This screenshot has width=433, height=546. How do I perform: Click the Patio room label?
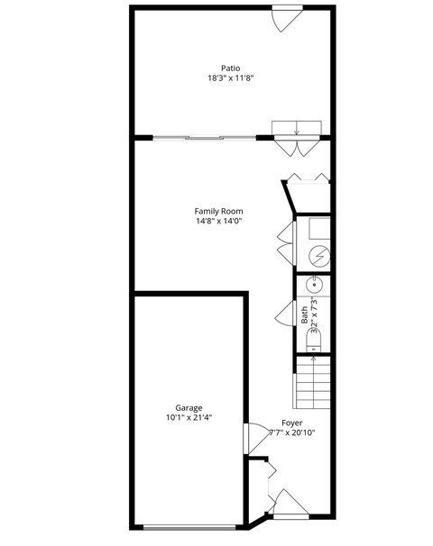pos(231,68)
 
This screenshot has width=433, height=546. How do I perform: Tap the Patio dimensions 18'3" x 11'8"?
pos(231,77)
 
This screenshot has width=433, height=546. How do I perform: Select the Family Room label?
pos(219,211)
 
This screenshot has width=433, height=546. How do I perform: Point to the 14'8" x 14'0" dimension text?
pos(219,221)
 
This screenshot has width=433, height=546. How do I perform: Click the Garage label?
pos(189,407)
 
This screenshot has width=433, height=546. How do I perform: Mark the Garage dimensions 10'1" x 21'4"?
pos(189,417)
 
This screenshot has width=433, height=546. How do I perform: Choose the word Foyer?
pos(291,423)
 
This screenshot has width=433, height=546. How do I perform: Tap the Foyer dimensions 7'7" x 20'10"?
pos(291,432)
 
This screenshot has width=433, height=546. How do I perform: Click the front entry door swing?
pos(287,505)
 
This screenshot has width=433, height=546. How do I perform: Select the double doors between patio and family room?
pos(296,135)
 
